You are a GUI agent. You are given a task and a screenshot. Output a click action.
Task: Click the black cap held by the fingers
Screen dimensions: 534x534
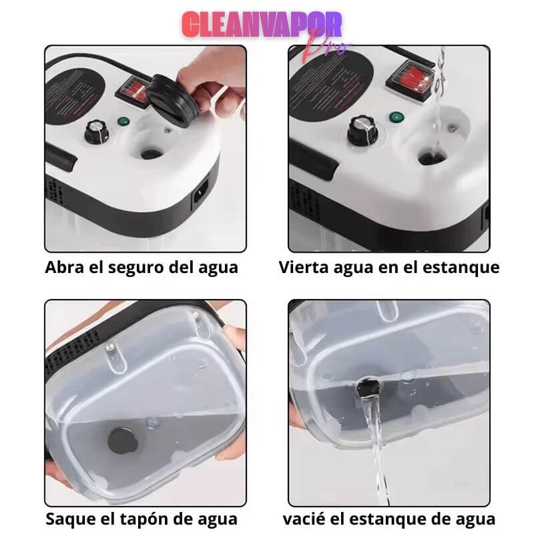[x=170, y=98]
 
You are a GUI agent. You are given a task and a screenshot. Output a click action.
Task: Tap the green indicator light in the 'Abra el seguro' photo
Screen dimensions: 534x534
[x=123, y=121]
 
